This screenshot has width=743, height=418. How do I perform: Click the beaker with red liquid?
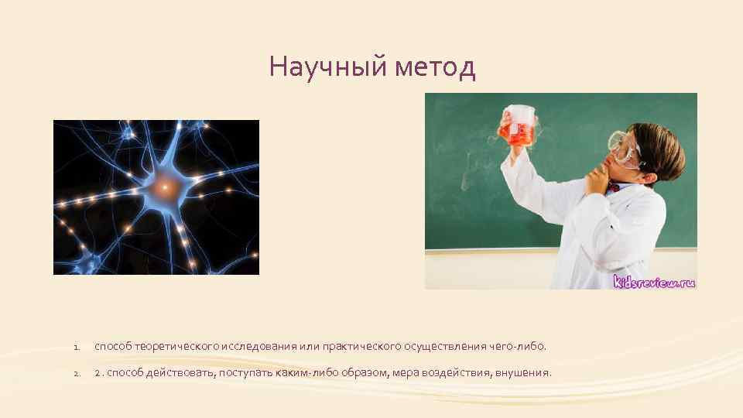click(x=517, y=127)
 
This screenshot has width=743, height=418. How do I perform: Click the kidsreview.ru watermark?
click(x=654, y=281)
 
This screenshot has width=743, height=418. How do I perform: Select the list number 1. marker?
click(x=77, y=348)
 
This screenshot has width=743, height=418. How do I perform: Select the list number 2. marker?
click(x=77, y=374)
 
